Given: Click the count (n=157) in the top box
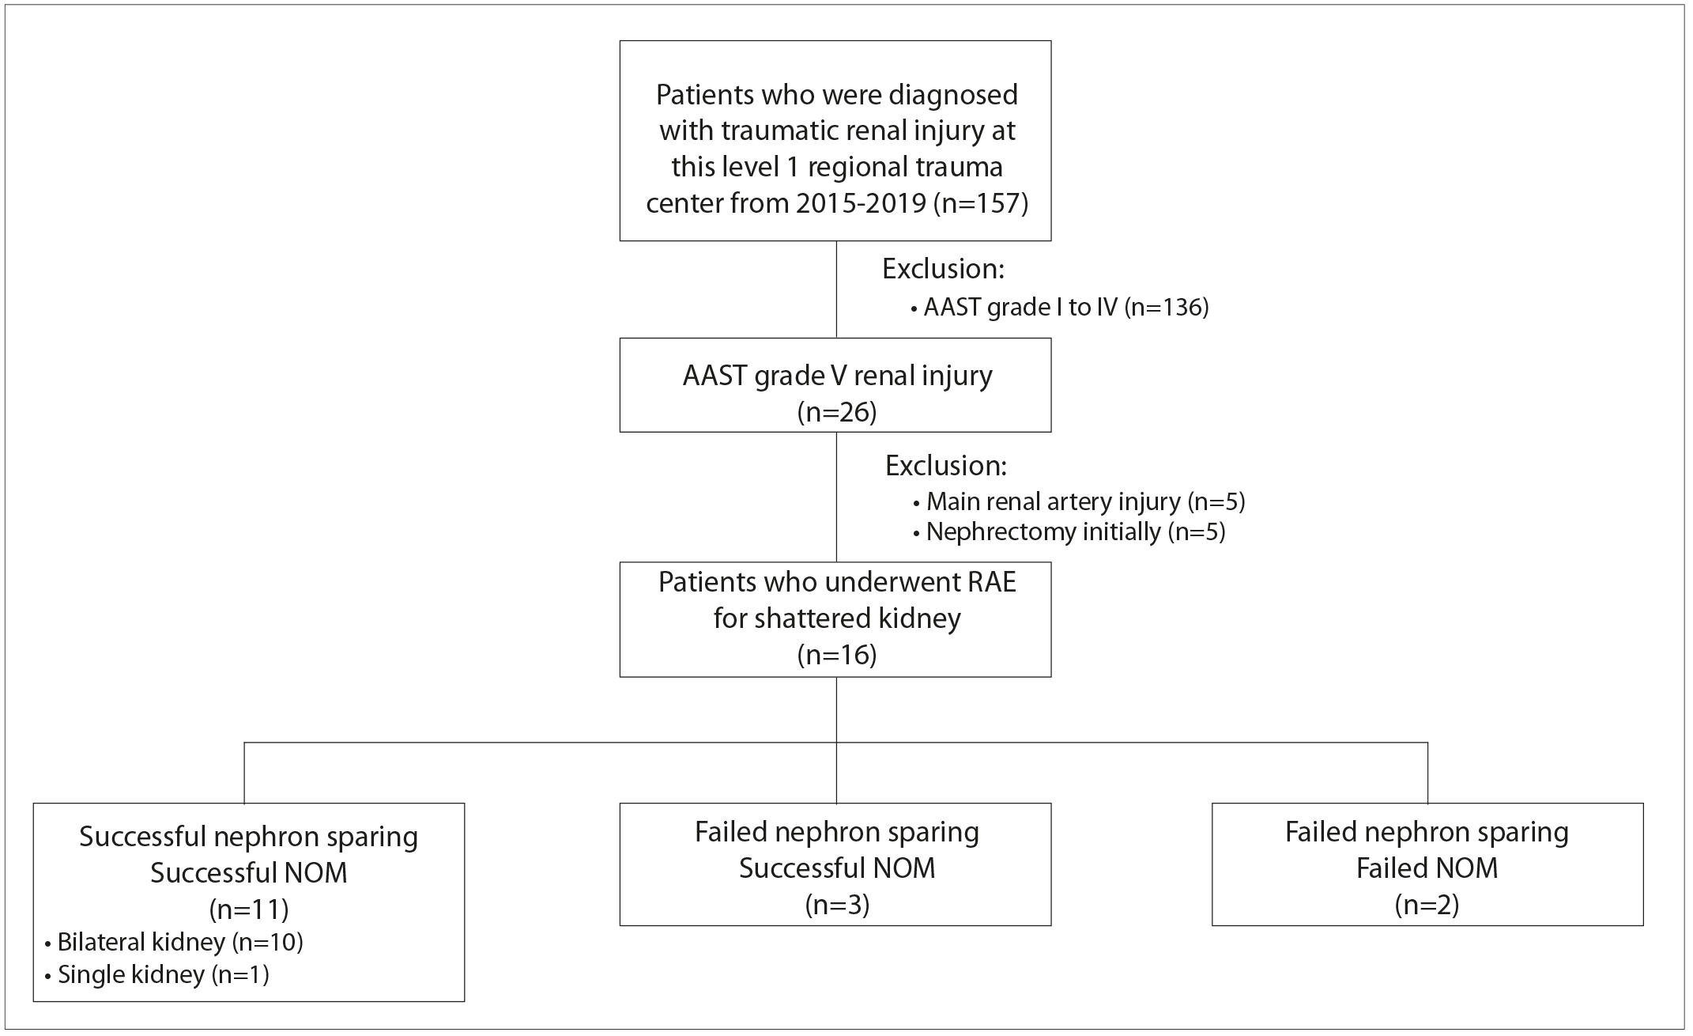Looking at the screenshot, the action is click(x=981, y=203).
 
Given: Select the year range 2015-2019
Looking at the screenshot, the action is click(x=861, y=203).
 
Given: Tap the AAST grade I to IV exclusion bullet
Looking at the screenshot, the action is click(x=1060, y=307).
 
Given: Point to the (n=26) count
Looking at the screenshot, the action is click(x=836, y=412).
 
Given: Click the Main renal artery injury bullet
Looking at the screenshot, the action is click(x=1079, y=501).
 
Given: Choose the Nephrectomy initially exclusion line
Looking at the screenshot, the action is click(x=1069, y=531).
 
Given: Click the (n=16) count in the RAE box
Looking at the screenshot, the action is click(x=836, y=655).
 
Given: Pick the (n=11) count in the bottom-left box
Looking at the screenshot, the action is click(x=249, y=909).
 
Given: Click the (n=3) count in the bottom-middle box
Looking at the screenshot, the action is click(x=837, y=905).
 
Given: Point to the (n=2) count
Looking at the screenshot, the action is click(x=1427, y=905).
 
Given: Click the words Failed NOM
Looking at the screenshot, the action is click(x=1427, y=868).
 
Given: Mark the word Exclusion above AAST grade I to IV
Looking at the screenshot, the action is click(x=943, y=270).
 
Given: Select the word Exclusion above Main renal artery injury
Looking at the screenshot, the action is click(x=946, y=466).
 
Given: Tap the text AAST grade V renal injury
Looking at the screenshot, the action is click(x=837, y=376).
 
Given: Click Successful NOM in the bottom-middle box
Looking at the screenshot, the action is click(x=837, y=868).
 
